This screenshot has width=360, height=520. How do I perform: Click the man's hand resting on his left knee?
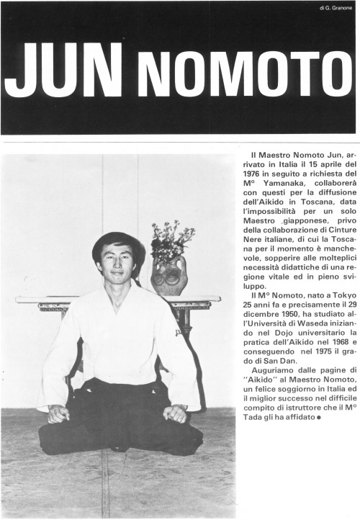point(174,413)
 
